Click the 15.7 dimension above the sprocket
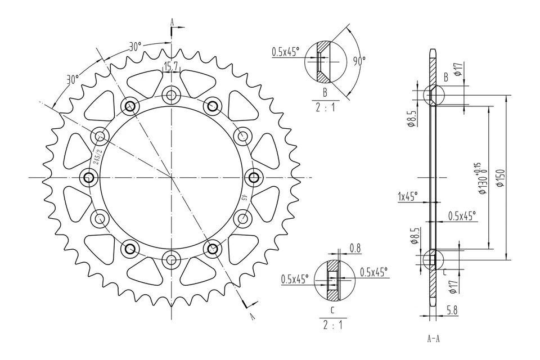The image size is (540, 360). [170, 67]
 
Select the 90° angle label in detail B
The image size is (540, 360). [359, 59]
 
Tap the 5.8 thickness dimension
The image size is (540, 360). [451, 309]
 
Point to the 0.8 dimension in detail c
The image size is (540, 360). [355, 247]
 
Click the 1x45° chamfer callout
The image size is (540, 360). [407, 196]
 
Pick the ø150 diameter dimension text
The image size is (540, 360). [500, 177]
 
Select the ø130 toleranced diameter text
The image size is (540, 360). [480, 178]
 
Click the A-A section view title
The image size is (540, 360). [434, 339]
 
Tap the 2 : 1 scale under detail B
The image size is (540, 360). [325, 107]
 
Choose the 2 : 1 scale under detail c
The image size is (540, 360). [332, 325]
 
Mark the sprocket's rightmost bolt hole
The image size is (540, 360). [254, 178]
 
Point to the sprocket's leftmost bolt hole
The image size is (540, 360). [88, 178]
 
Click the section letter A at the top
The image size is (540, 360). [173, 22]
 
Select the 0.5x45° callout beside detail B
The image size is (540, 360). [286, 52]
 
